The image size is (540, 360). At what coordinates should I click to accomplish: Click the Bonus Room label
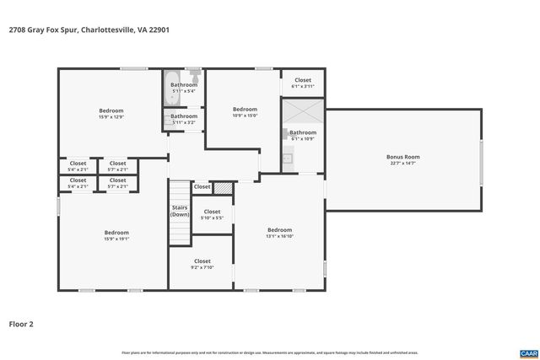[402, 156]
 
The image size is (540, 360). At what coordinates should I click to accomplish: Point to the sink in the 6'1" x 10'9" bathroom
[287, 157]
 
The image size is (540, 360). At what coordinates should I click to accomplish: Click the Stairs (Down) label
[179, 211]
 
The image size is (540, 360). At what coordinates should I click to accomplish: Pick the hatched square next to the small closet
[223, 187]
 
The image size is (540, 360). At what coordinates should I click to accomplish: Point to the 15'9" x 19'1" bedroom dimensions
[116, 239]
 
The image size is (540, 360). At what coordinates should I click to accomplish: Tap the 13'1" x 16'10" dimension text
[279, 237]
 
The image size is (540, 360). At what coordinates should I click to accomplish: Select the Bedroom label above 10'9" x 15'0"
[245, 109]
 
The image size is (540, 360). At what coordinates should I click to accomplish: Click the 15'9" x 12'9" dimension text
[111, 117]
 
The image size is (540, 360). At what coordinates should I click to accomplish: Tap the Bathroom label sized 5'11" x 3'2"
[184, 116]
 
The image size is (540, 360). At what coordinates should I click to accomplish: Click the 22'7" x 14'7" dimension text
[402, 163]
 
